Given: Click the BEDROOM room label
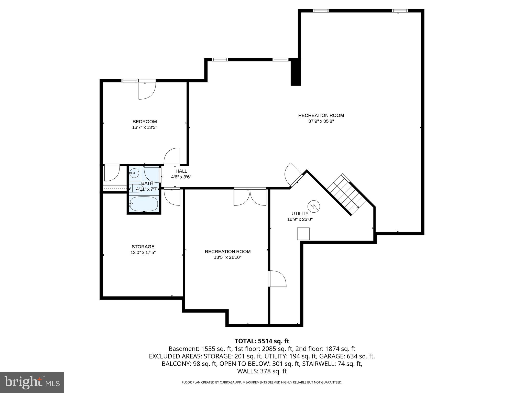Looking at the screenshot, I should tap(145, 122).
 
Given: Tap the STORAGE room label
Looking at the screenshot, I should tap(143, 247).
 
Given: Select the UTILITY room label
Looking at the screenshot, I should tap(300, 213).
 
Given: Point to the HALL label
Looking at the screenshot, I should tap(181, 171).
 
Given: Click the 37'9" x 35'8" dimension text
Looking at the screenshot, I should tap(321, 121).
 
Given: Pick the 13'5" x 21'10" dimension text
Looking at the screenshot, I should tap(228, 257).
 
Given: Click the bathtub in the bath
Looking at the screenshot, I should tap(144, 204).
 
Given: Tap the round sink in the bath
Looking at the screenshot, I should tap(134, 173).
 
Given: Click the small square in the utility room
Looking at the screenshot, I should tap(303, 234).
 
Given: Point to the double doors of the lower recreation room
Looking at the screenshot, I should tap(250, 197).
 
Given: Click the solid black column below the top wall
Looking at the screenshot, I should tap(296, 72).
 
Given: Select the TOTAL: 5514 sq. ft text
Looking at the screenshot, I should tap(262, 341).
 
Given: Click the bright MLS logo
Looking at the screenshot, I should tap(32, 382).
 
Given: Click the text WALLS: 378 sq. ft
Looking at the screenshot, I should tap(262, 371).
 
